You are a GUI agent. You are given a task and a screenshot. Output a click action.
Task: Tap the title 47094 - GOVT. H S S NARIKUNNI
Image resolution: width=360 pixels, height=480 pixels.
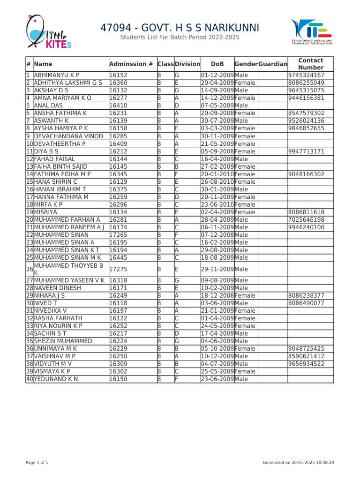(x=180, y=28)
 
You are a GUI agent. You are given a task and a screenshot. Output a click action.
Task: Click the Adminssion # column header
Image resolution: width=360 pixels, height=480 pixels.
(x=131, y=64)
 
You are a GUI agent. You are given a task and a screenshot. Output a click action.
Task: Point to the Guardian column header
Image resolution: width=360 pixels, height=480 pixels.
(x=272, y=64)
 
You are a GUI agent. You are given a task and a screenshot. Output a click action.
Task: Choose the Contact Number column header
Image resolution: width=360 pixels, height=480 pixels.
(x=311, y=64)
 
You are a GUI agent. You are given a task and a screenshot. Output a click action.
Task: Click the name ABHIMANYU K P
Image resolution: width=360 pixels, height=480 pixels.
(x=57, y=75)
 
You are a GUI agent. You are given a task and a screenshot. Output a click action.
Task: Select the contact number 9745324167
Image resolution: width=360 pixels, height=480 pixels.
(x=307, y=75)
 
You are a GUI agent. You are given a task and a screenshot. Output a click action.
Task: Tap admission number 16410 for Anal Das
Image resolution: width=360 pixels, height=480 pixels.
(x=118, y=105)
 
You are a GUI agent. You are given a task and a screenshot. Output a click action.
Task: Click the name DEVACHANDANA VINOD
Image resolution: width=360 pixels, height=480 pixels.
(x=68, y=136)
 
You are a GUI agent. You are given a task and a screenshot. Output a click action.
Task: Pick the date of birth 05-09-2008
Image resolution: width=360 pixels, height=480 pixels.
(x=217, y=151)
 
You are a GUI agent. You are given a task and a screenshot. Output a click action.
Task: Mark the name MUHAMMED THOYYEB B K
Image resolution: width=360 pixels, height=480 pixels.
(x=68, y=269)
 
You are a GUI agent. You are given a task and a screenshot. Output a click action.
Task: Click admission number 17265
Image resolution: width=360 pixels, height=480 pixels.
(x=118, y=234)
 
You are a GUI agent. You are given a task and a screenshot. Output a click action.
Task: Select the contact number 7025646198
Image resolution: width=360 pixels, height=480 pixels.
(x=307, y=219)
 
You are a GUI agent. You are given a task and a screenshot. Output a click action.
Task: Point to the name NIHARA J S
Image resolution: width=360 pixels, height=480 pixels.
(x=49, y=296)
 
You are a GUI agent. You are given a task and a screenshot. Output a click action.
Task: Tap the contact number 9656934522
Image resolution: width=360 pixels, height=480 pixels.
(x=307, y=363)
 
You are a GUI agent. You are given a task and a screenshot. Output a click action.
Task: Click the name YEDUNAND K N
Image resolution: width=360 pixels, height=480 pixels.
(x=56, y=379)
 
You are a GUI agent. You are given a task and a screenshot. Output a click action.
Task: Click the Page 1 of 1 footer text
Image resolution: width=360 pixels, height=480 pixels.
(x=37, y=463)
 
